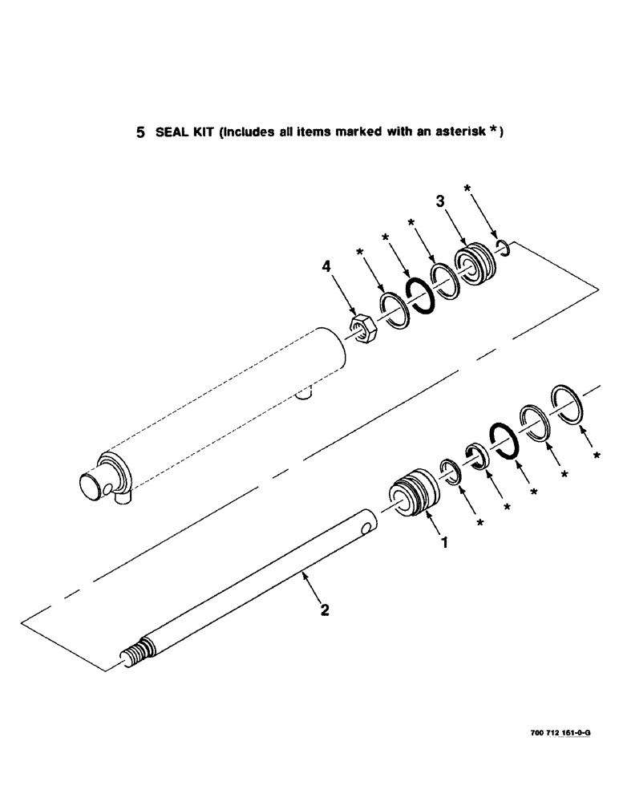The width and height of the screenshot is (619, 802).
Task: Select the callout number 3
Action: [x=440, y=202]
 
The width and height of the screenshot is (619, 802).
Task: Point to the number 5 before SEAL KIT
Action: [x=140, y=133]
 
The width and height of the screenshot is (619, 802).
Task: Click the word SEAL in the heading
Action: [x=170, y=133]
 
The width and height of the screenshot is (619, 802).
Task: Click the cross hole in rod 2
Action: [x=366, y=529]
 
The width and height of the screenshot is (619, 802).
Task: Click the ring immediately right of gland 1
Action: [x=450, y=472]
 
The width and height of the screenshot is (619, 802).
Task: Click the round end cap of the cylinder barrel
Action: [x=90, y=487]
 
